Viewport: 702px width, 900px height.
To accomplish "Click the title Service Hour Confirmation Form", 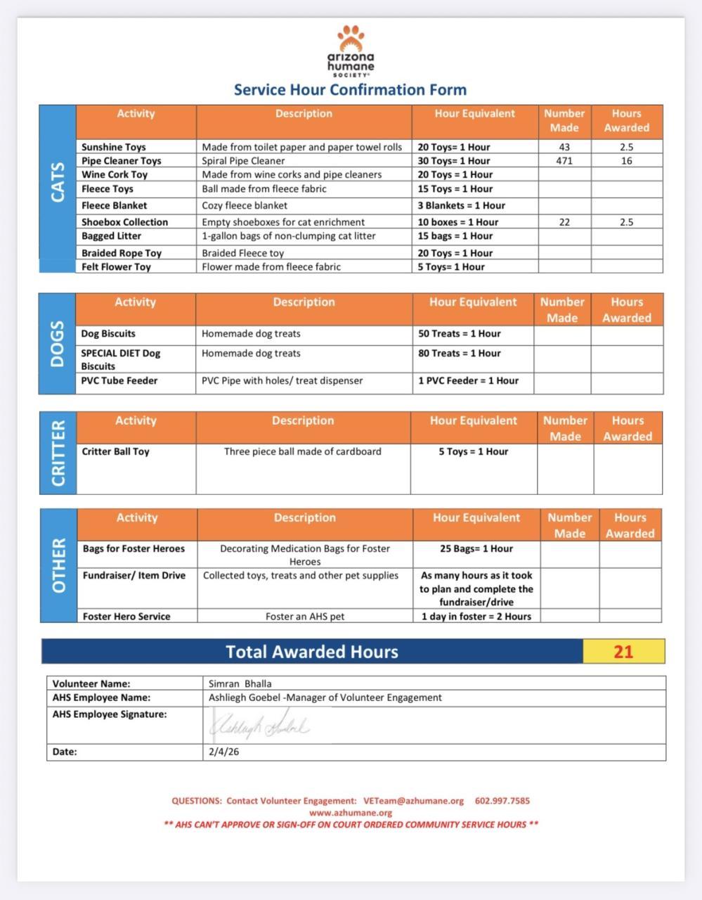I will [350, 90].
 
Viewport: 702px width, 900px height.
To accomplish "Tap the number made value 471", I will [564, 161].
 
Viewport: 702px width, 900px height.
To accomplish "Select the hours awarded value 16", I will [626, 161].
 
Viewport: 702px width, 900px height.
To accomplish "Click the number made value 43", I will [564, 147].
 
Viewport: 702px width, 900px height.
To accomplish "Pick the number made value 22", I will [564, 222].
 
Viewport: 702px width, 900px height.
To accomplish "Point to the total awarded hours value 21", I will [623, 652].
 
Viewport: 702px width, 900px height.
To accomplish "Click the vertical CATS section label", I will [58, 182].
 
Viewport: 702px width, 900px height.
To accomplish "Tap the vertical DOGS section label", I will [58, 344].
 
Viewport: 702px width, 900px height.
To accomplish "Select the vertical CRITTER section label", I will [58, 454].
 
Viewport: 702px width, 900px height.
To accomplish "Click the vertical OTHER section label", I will [59, 565].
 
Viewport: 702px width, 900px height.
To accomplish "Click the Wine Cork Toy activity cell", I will [115, 174].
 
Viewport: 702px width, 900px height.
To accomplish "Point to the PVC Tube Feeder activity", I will [119, 381].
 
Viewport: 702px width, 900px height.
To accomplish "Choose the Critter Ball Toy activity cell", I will [116, 451].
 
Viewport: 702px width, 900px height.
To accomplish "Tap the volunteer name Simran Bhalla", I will [240, 683].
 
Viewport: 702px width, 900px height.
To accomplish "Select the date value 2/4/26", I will [223, 752].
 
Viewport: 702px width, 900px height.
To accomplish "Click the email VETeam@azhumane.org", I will [413, 801].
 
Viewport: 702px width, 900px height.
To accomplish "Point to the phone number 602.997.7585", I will [502, 801].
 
